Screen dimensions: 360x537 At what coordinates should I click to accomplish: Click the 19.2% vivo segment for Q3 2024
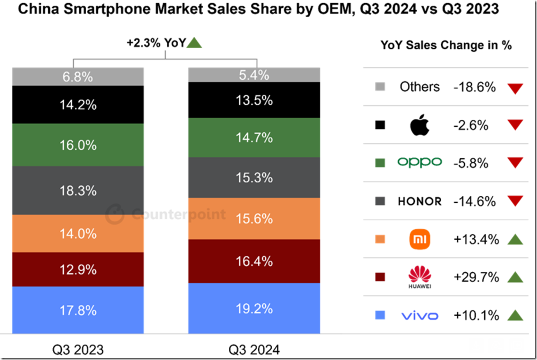click(254, 308)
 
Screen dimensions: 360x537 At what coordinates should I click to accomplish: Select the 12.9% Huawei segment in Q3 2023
click(78, 269)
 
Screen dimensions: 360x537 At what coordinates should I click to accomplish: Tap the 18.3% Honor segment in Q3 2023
click(78, 190)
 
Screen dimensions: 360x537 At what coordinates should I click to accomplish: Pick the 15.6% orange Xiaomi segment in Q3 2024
click(254, 219)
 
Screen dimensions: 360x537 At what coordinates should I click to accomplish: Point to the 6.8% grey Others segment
click(78, 76)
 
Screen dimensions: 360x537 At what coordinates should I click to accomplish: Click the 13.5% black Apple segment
click(254, 100)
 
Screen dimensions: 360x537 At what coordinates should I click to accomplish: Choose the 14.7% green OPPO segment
click(254, 137)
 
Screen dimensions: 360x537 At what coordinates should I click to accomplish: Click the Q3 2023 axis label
click(78, 350)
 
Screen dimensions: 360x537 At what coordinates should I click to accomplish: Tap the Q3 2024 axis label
click(254, 350)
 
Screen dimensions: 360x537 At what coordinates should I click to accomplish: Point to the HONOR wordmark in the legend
click(420, 201)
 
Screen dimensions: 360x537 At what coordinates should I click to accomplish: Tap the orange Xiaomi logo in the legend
click(419, 239)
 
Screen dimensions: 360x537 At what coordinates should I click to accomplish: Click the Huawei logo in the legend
click(419, 277)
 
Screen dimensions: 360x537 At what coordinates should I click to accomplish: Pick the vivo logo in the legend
click(420, 316)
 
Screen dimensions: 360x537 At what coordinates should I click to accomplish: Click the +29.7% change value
click(476, 277)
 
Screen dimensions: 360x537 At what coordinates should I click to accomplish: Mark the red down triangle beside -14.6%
click(515, 202)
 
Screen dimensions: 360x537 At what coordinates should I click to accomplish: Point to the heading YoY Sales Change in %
click(446, 45)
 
